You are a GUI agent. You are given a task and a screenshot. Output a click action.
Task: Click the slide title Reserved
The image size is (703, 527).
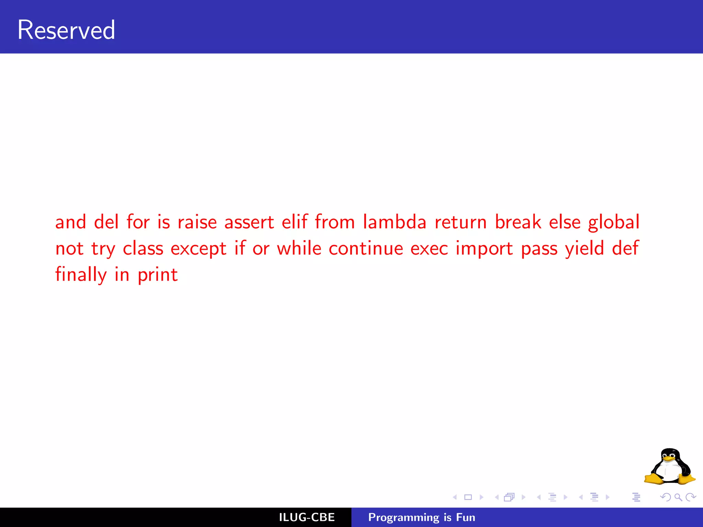tap(66, 30)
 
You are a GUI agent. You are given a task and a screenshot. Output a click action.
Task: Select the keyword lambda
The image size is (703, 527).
tap(395, 222)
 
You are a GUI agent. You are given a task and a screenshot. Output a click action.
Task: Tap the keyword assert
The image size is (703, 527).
tap(249, 222)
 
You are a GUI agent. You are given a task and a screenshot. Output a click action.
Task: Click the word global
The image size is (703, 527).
tap(614, 222)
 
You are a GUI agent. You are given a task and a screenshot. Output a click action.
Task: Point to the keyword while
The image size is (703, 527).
tap(299, 248)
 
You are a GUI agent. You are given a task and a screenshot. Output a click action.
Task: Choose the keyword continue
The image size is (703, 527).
tap(366, 248)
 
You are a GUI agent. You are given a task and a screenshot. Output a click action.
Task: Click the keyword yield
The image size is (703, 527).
tap(584, 248)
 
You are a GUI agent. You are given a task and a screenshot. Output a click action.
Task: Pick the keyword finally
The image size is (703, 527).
tap(81, 275)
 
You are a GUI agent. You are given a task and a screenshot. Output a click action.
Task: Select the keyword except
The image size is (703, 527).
tap(198, 249)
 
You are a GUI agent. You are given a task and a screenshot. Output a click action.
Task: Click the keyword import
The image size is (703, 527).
tap(484, 248)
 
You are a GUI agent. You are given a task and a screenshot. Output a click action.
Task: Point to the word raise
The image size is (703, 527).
tap(197, 222)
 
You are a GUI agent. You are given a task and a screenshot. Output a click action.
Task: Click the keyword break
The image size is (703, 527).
tap(518, 222)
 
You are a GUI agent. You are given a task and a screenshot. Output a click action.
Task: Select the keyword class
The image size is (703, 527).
tap(143, 248)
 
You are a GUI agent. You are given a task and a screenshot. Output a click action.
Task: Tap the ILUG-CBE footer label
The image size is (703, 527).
tap(307, 517)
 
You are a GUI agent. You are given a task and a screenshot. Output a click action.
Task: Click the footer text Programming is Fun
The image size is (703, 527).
tap(422, 517)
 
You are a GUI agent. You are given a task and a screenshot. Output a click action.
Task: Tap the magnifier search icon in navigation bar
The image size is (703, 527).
tap(678, 497)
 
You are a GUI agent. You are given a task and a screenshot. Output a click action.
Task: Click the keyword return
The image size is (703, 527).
tap(460, 222)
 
